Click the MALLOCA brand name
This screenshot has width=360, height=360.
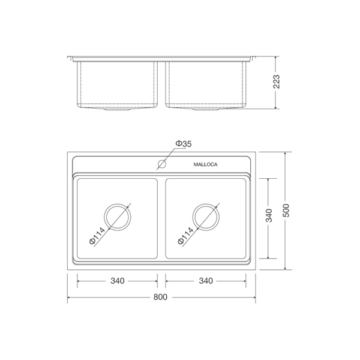[205, 164]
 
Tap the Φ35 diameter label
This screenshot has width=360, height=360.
[184, 144]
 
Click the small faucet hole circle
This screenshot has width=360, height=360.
[162, 164]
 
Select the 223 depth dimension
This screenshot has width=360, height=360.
[277, 82]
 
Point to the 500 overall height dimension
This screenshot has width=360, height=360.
[286, 211]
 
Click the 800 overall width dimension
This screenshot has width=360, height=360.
[160, 297]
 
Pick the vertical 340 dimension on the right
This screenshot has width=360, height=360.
[269, 215]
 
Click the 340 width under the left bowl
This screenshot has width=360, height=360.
[118, 281]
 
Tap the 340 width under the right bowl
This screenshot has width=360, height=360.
[206, 281]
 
